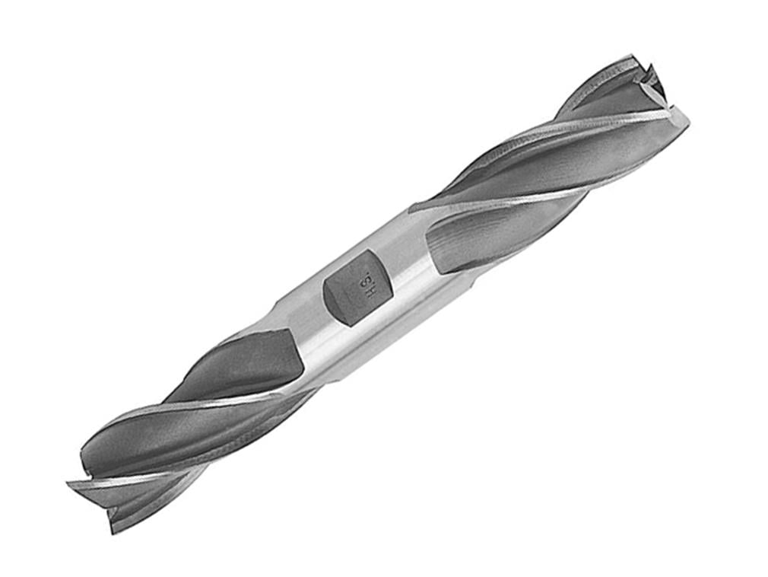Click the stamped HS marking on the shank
pos(365,282)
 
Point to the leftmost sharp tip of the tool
pos(68,484)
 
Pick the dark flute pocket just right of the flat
pos(456,244)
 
